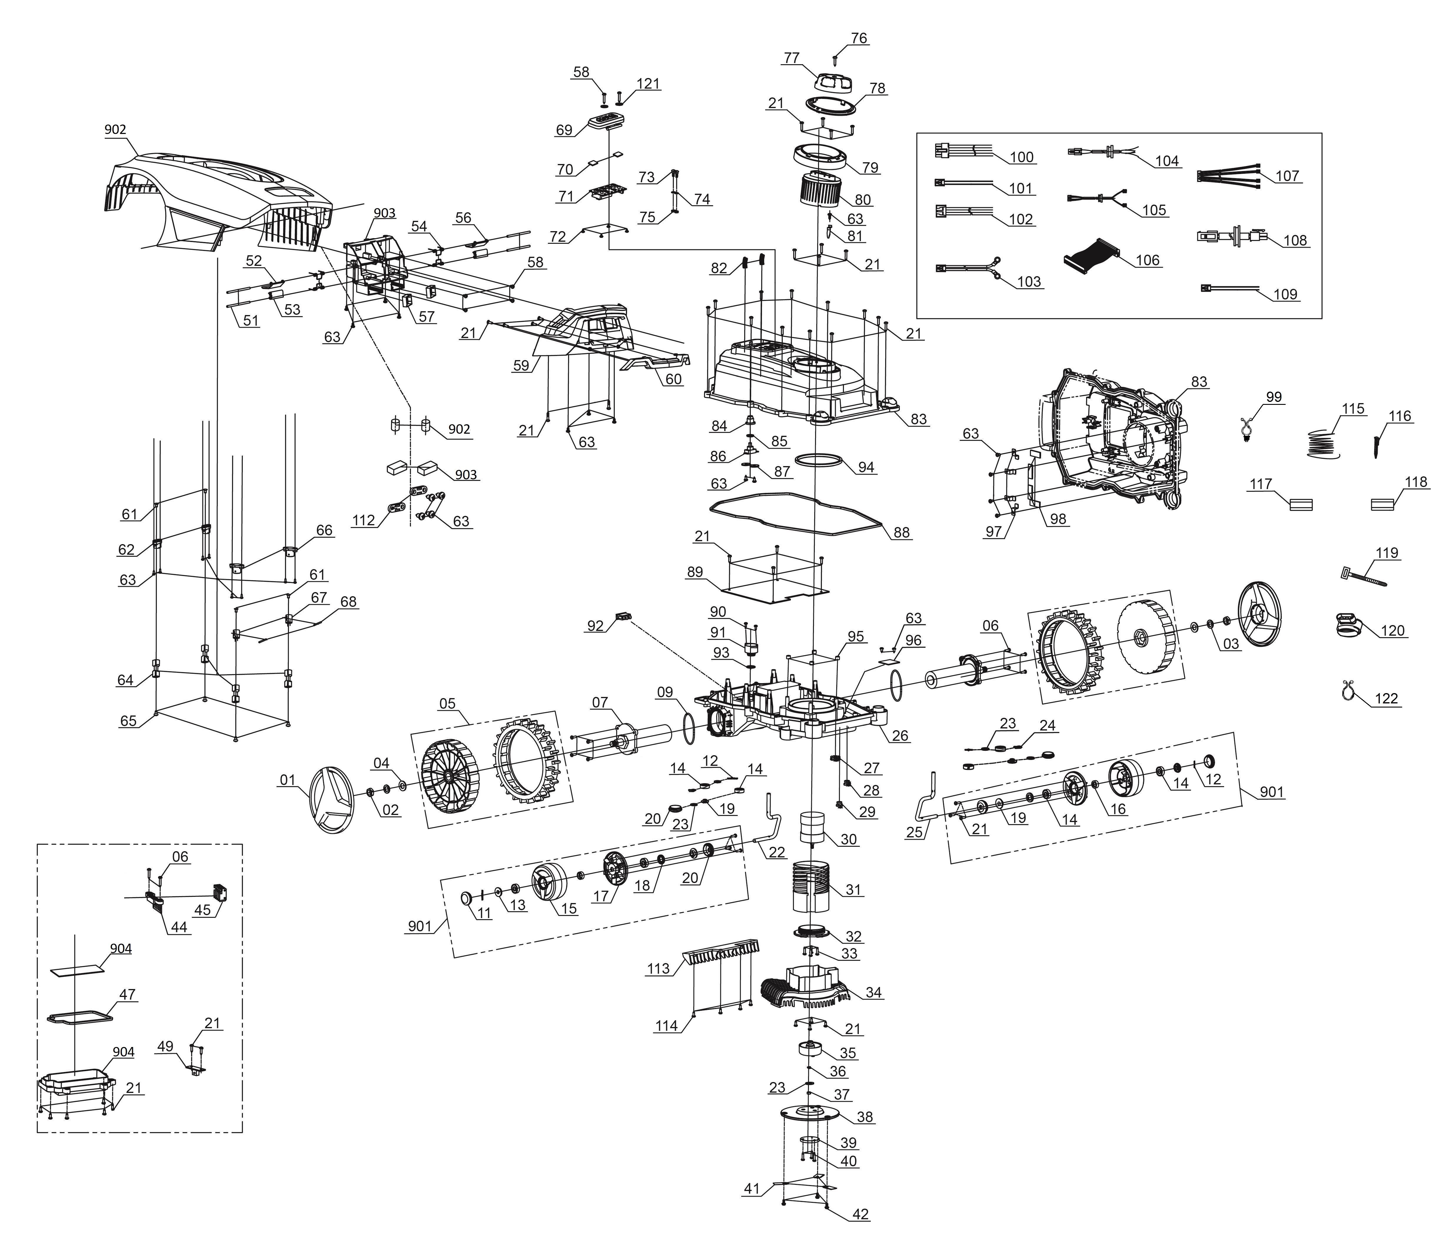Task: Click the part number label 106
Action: pyautogui.click(x=1148, y=260)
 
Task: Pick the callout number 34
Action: pyautogui.click(x=873, y=993)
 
